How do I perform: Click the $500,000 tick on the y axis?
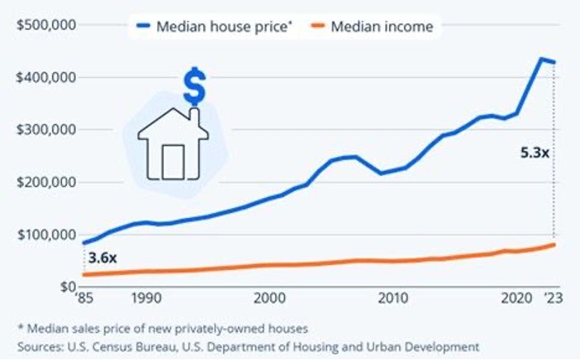(46, 24)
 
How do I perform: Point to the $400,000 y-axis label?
(46, 77)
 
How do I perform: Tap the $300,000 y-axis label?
(46, 130)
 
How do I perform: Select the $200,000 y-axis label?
(46, 182)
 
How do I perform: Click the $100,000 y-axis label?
(46, 234)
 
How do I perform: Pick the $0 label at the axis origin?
(67, 287)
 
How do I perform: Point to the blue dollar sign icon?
(194, 88)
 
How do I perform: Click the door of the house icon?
(174, 161)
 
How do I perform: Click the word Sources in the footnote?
(40, 346)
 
